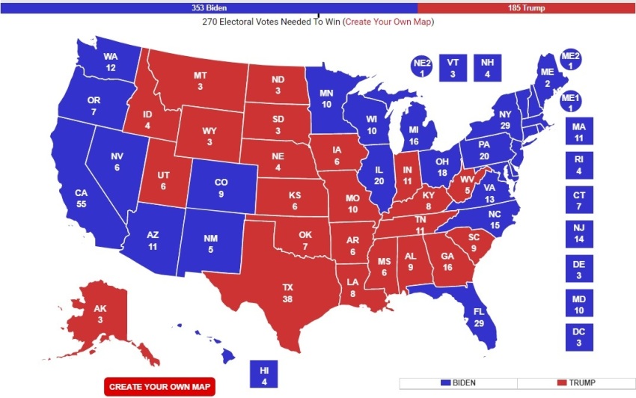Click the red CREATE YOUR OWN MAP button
click(159, 386)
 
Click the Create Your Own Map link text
click(388, 22)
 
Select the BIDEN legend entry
click(458, 383)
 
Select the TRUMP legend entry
click(575, 383)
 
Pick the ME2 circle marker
click(570, 61)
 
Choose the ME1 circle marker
click(570, 102)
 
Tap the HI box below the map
click(264, 375)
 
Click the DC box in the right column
click(578, 337)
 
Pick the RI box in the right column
click(578, 165)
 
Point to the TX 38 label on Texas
click(287, 292)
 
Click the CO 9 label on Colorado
click(221, 189)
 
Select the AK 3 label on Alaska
click(100, 314)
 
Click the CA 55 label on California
click(82, 198)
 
